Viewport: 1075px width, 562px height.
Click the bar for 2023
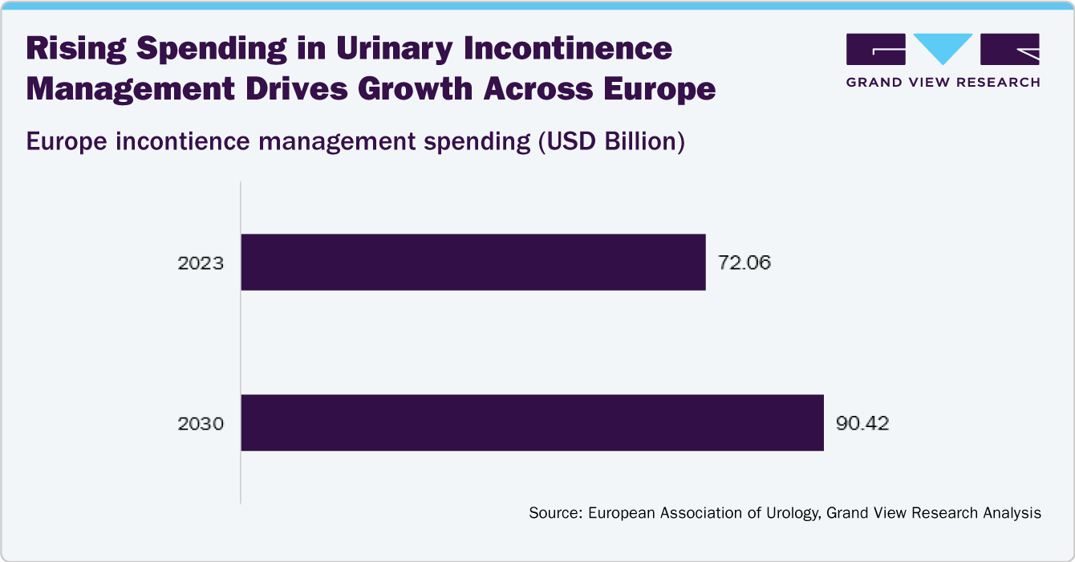pyautogui.click(x=473, y=263)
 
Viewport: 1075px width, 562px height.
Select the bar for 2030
pyautogui.click(x=532, y=422)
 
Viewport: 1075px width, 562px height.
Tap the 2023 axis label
pyautogui.click(x=200, y=263)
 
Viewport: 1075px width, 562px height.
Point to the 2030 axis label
pyautogui.click(x=200, y=423)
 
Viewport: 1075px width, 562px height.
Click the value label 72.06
pyautogui.click(x=744, y=263)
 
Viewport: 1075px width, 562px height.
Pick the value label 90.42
pyautogui.click(x=862, y=423)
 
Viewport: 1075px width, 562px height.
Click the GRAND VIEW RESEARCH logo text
pyautogui.click(x=943, y=82)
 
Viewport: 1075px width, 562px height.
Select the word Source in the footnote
pyautogui.click(x=554, y=513)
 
